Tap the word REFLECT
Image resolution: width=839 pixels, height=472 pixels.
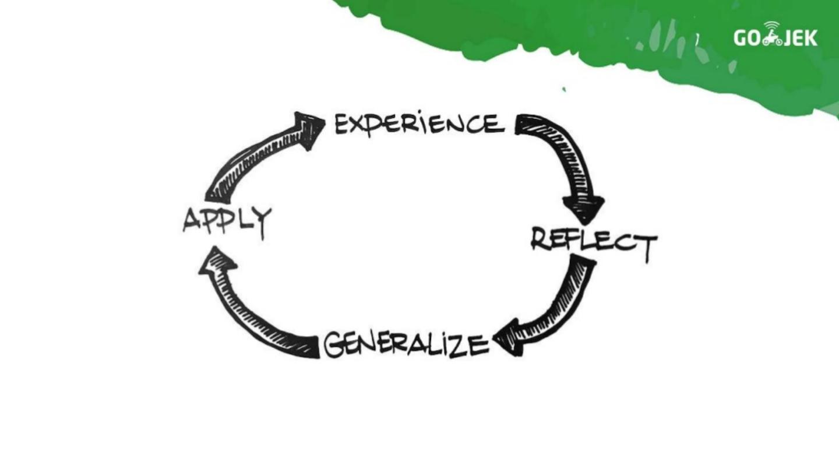(x=594, y=241)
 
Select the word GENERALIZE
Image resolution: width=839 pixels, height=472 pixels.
(x=406, y=344)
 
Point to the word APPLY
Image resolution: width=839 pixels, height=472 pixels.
(x=227, y=221)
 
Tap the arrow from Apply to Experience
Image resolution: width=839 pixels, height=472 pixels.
(x=256, y=157)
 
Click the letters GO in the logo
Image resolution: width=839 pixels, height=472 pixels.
(x=747, y=38)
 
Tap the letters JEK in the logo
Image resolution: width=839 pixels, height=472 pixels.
(x=802, y=38)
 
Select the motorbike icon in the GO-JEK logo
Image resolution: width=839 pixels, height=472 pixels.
(x=772, y=36)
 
